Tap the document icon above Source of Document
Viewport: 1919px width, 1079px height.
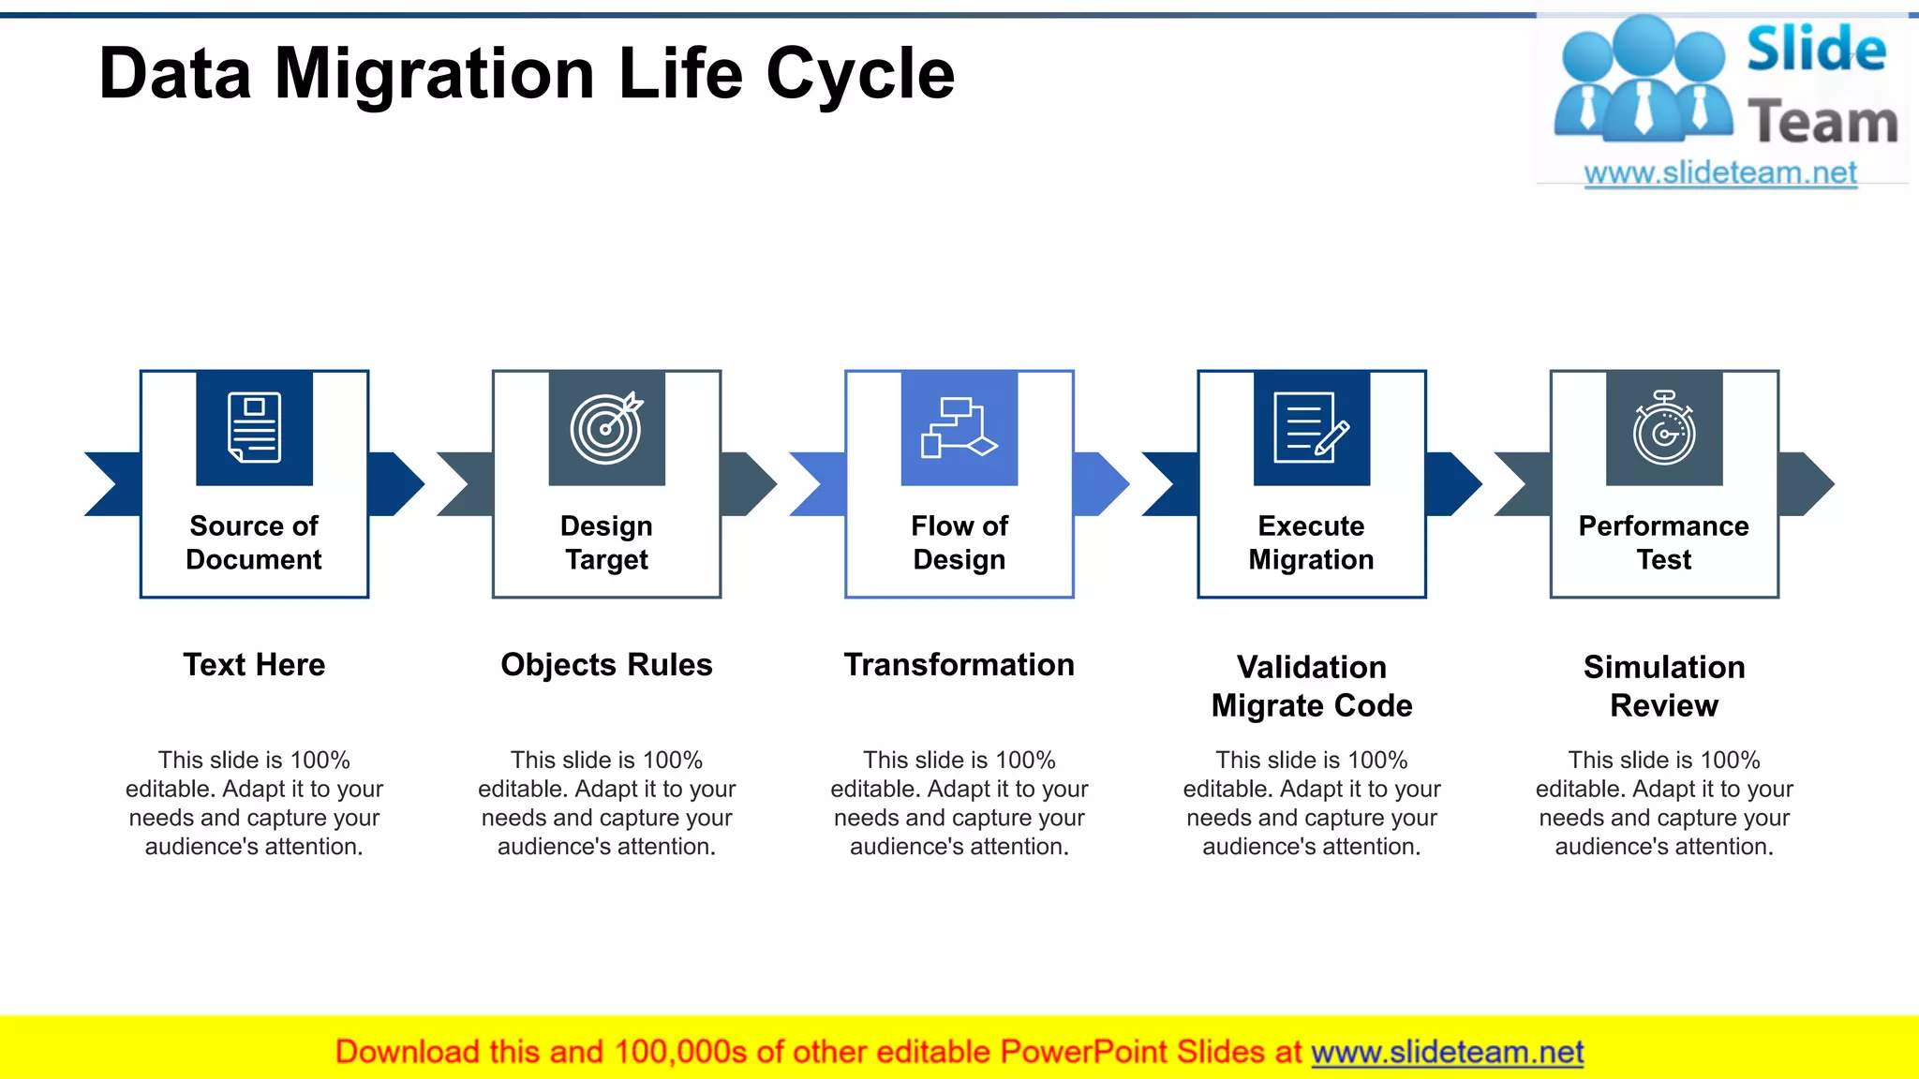tap(254, 428)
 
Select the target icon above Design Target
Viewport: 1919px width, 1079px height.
tap(606, 428)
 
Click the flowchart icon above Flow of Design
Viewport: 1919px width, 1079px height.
tap(959, 428)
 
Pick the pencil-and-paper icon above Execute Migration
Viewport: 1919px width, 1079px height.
tap(1311, 428)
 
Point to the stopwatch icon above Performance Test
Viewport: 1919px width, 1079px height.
tap(1664, 428)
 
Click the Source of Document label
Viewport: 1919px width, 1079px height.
tap(254, 542)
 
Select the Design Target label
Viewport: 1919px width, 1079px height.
tap(606, 542)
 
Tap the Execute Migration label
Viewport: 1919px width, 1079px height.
tap(1311, 542)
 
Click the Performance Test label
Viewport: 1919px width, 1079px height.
tap(1664, 542)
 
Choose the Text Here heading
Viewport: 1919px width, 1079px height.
tap(254, 665)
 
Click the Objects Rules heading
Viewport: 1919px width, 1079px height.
tap(606, 665)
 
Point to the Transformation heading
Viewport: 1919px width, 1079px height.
tap(959, 665)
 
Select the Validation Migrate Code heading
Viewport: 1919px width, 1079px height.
tap(1311, 686)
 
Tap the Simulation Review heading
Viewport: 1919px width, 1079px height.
tap(1664, 686)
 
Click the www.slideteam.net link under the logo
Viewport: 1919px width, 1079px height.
tap(1720, 173)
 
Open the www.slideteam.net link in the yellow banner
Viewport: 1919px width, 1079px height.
tap(1447, 1052)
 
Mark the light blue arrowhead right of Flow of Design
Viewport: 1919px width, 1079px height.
tap(1104, 484)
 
